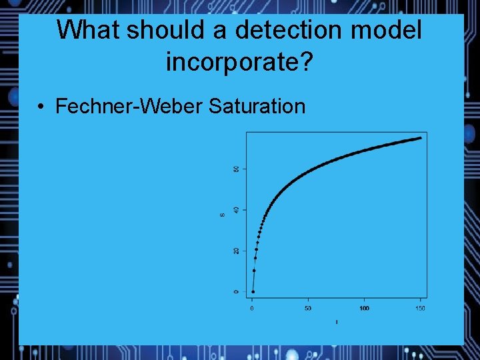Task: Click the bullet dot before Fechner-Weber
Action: pos(41,106)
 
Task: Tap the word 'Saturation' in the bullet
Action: pos(257,106)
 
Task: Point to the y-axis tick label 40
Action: pos(235,210)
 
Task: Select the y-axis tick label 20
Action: pos(235,251)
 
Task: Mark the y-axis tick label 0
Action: pos(235,292)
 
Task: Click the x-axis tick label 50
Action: pos(308,308)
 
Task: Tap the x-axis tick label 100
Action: pos(364,308)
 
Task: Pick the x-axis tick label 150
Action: pos(420,308)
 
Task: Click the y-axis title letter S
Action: pos(222,214)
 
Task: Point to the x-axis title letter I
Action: pos(337,322)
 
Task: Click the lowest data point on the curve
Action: pos(253,292)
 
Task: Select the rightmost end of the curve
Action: pos(421,138)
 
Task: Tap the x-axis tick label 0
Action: pos(252,308)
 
